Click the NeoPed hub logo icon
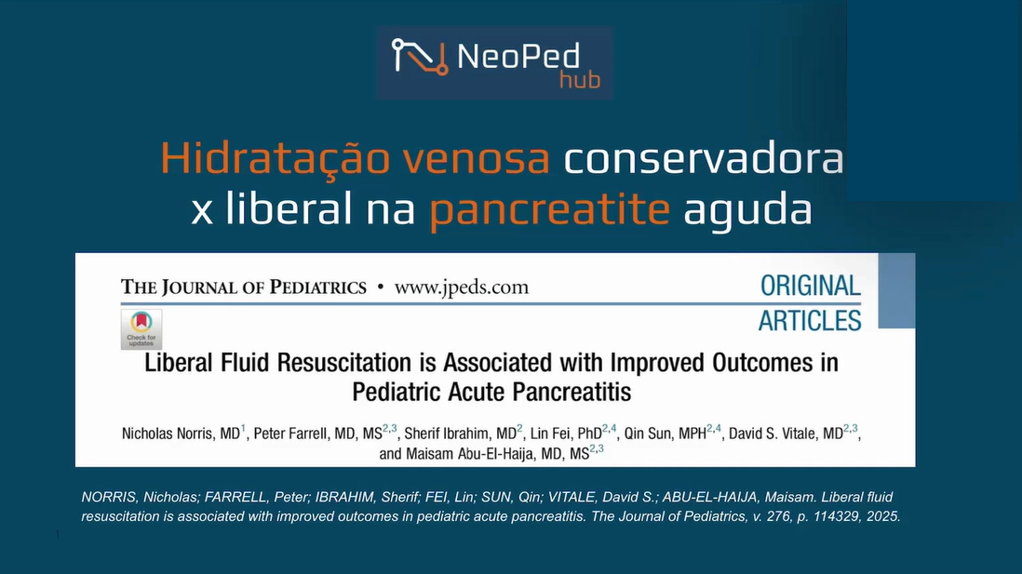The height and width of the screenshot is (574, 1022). pyautogui.click(x=420, y=57)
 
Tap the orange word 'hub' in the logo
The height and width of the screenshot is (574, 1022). pyautogui.click(x=580, y=80)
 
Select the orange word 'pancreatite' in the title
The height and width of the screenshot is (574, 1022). pyautogui.click(x=549, y=210)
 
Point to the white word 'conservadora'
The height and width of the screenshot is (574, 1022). pyautogui.click(x=704, y=158)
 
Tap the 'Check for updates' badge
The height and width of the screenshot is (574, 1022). pyautogui.click(x=141, y=329)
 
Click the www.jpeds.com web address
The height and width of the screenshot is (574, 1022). pyautogui.click(x=462, y=287)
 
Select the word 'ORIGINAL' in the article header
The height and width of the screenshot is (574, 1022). pyautogui.click(x=810, y=286)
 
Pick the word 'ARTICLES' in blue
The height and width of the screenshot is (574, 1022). pyautogui.click(x=810, y=321)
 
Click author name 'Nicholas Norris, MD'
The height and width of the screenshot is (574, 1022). pyautogui.click(x=182, y=434)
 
